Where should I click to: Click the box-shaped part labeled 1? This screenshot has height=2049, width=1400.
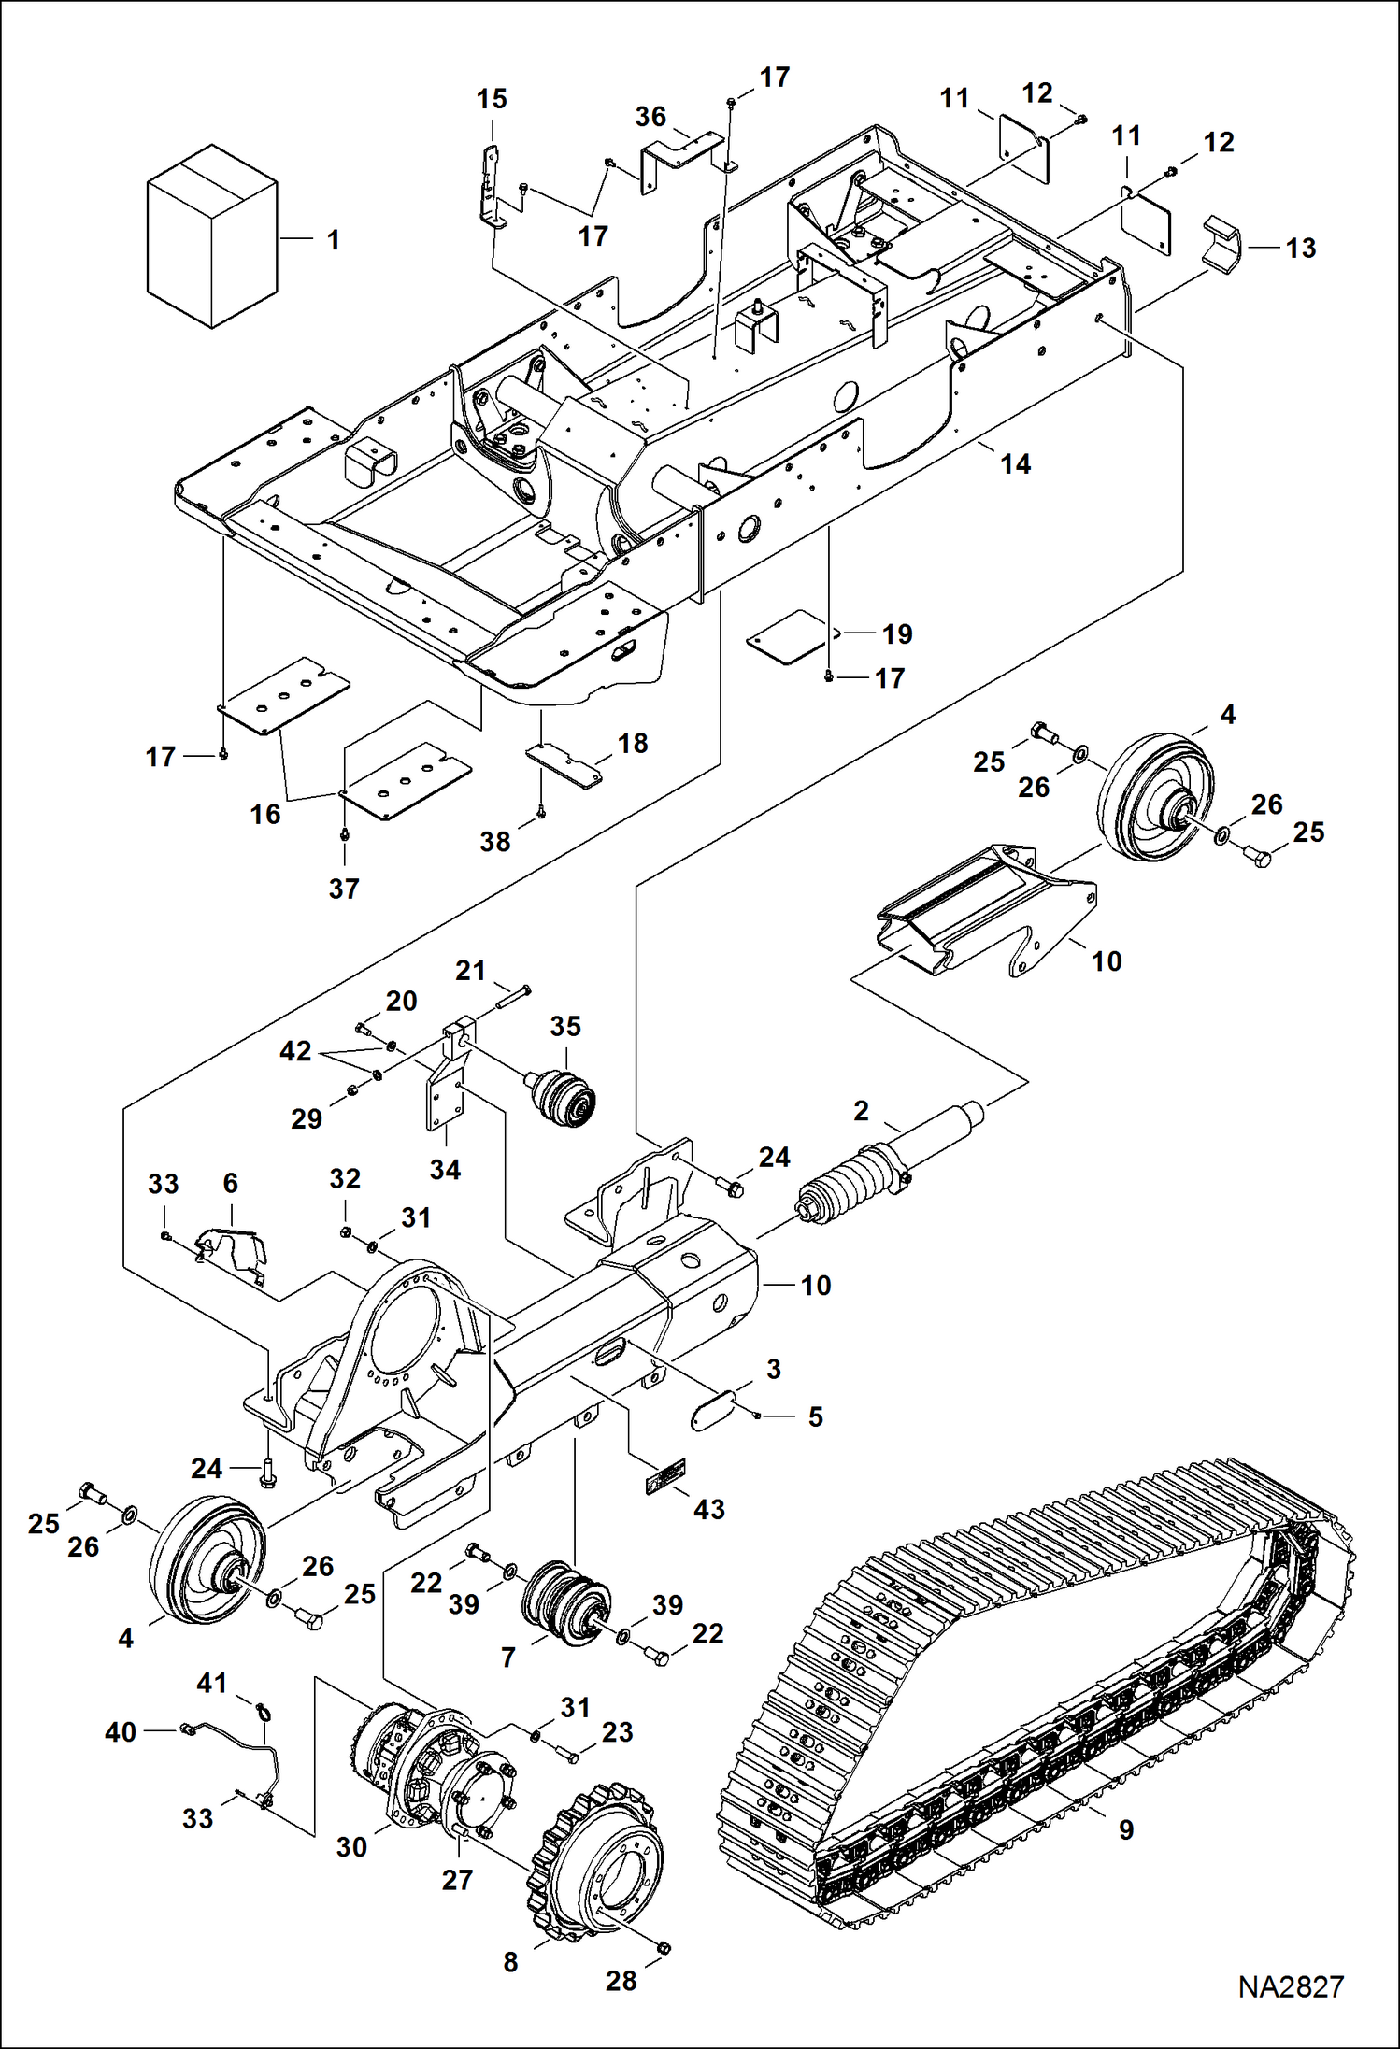click(212, 236)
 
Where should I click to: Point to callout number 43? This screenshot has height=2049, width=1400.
click(708, 1509)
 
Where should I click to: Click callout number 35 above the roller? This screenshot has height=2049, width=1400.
click(565, 1026)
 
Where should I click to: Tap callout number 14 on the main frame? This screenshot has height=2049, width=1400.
click(1015, 463)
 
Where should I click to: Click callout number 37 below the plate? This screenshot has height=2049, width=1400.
click(344, 888)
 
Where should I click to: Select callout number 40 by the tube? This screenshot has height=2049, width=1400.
click(121, 1731)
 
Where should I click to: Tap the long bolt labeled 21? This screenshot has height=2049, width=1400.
click(512, 997)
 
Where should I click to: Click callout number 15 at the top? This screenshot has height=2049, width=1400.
click(492, 99)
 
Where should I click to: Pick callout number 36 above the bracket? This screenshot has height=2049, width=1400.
click(650, 117)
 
